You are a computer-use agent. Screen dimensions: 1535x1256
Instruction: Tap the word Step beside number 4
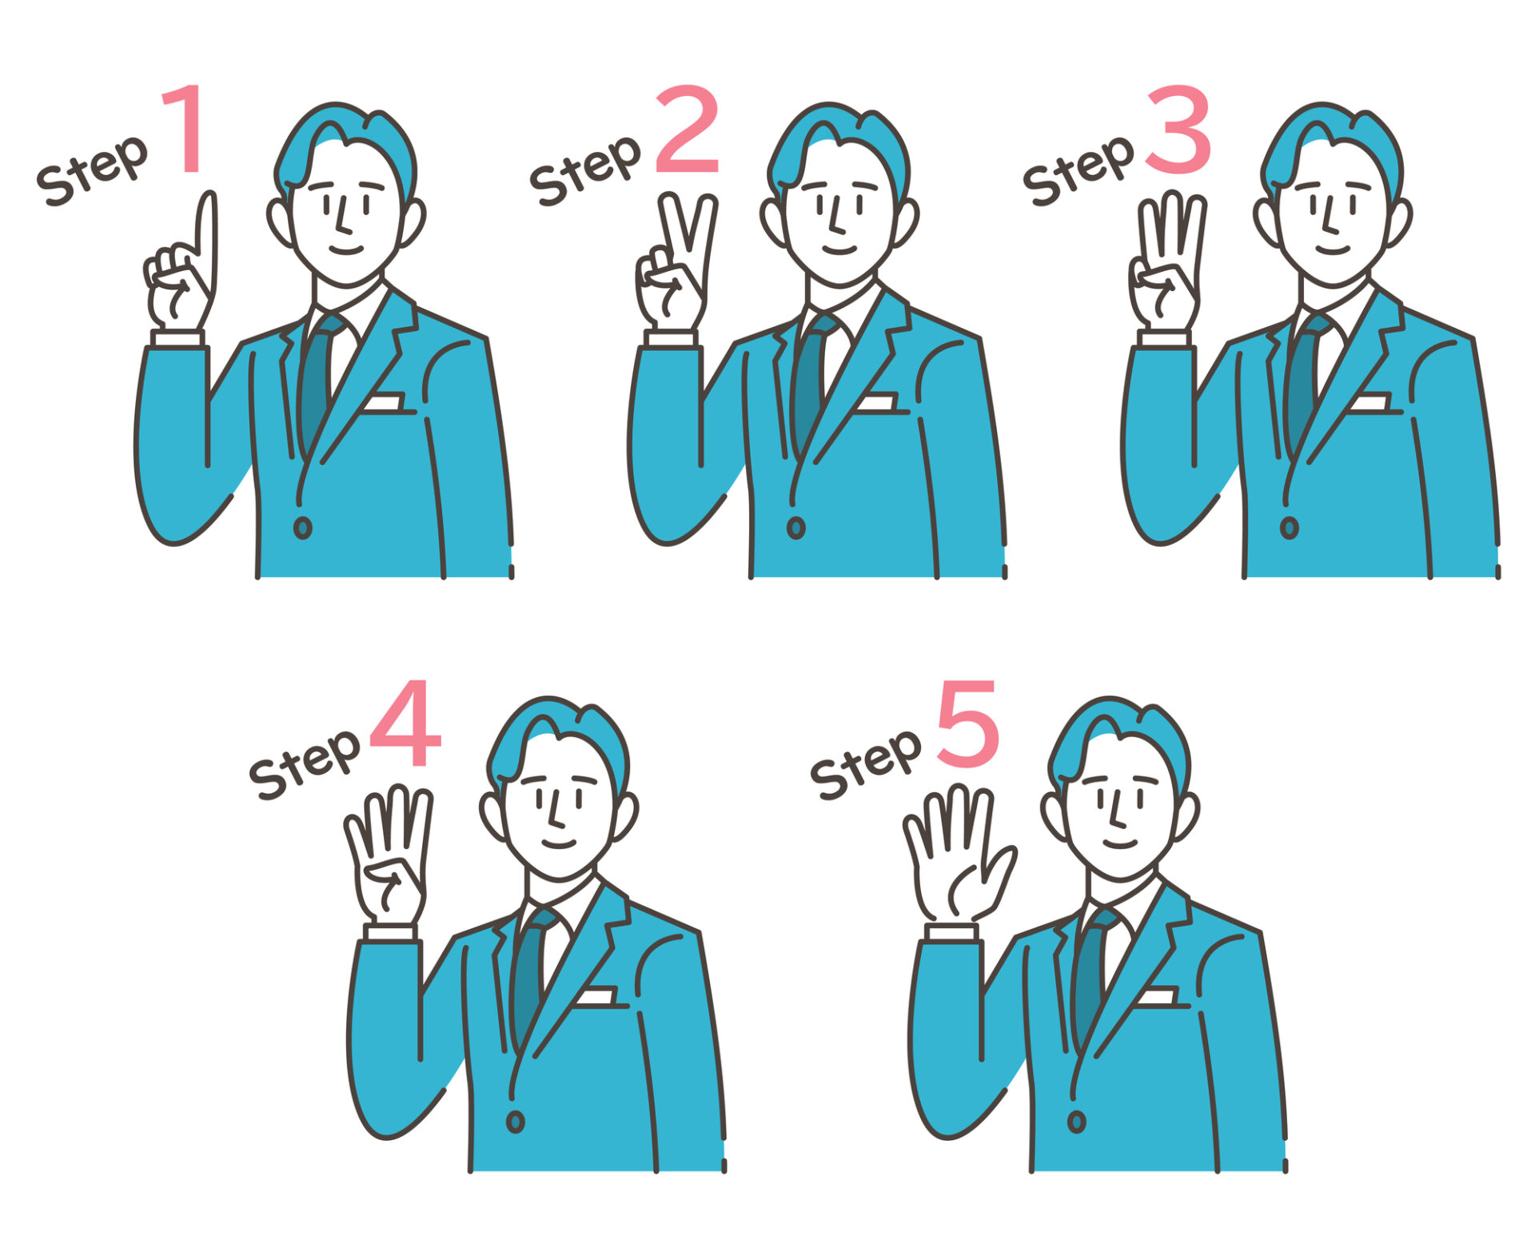click(304, 764)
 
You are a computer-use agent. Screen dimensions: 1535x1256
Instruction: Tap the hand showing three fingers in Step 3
click(1167, 262)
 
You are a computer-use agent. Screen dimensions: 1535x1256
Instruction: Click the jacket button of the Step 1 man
click(302, 528)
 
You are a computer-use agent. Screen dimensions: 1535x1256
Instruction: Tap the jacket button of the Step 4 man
click(516, 1122)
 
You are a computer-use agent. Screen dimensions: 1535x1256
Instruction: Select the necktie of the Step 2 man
click(810, 380)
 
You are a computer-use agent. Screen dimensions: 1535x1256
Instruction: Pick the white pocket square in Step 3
click(1370, 401)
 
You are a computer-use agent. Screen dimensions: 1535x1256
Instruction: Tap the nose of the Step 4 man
click(556, 811)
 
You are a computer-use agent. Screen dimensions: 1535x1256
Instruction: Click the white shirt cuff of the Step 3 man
click(1164, 339)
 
